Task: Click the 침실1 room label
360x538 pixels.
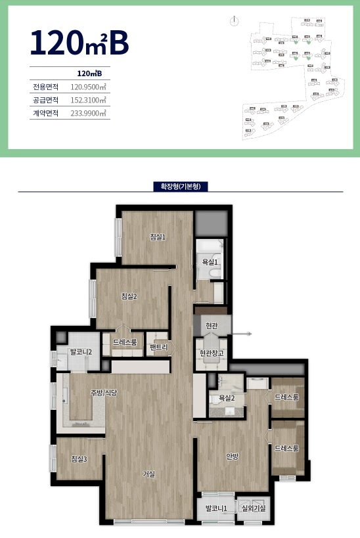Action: pos(158,237)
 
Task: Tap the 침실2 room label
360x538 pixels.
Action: pos(129,296)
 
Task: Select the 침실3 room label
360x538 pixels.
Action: pos(79,459)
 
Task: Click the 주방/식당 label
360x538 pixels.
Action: pos(104,393)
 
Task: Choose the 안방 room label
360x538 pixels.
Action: pos(232,458)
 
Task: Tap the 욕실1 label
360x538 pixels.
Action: pos(210,262)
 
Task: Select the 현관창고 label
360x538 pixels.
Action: pos(212,353)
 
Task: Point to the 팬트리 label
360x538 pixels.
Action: pos(158,347)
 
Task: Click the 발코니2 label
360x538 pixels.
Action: pos(80,351)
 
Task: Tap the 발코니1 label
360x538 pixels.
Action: pos(215,508)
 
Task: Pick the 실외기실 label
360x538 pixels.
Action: pos(250,508)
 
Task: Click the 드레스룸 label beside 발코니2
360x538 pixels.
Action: pos(124,342)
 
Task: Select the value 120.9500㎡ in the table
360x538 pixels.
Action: pos(89,87)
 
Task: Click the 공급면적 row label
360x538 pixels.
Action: pos(45,100)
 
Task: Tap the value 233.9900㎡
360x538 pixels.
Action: pos(89,113)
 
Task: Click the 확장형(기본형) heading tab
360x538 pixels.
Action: pos(180,187)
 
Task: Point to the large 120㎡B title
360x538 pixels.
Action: pos(78,41)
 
